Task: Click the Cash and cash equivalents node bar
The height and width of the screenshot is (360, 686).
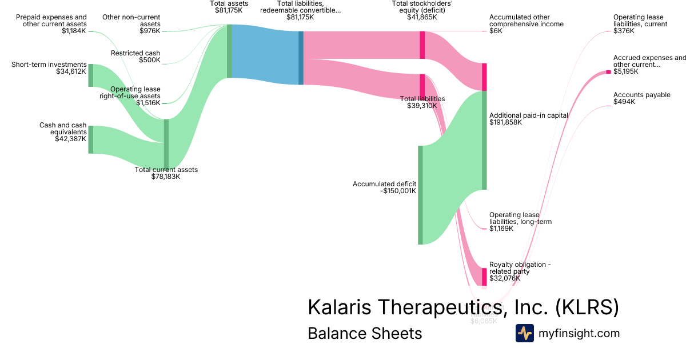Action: tap(90, 139)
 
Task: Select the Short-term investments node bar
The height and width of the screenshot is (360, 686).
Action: tap(90, 75)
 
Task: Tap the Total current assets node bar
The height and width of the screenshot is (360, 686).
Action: tap(166, 144)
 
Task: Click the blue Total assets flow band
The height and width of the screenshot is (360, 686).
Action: tap(265, 55)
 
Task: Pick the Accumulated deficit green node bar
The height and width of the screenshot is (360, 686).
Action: tap(420, 195)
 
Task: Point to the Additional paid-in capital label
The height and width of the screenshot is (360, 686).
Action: tap(528, 115)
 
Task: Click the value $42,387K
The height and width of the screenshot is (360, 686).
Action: tap(70, 139)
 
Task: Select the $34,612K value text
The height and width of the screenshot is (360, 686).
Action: tap(70, 71)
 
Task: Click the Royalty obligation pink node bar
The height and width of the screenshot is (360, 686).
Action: tap(484, 277)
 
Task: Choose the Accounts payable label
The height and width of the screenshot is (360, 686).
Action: tap(641, 95)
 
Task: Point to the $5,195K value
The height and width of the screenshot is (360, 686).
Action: tap(625, 71)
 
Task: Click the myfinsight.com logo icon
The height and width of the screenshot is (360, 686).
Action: tap(524, 333)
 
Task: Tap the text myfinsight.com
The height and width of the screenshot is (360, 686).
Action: tap(579, 333)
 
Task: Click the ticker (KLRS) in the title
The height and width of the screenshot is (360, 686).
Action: tap(587, 307)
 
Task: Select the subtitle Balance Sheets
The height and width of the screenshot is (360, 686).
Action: tap(365, 333)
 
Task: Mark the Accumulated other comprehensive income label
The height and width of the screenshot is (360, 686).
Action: tap(526, 21)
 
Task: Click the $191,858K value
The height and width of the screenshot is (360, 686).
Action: tap(506, 122)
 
